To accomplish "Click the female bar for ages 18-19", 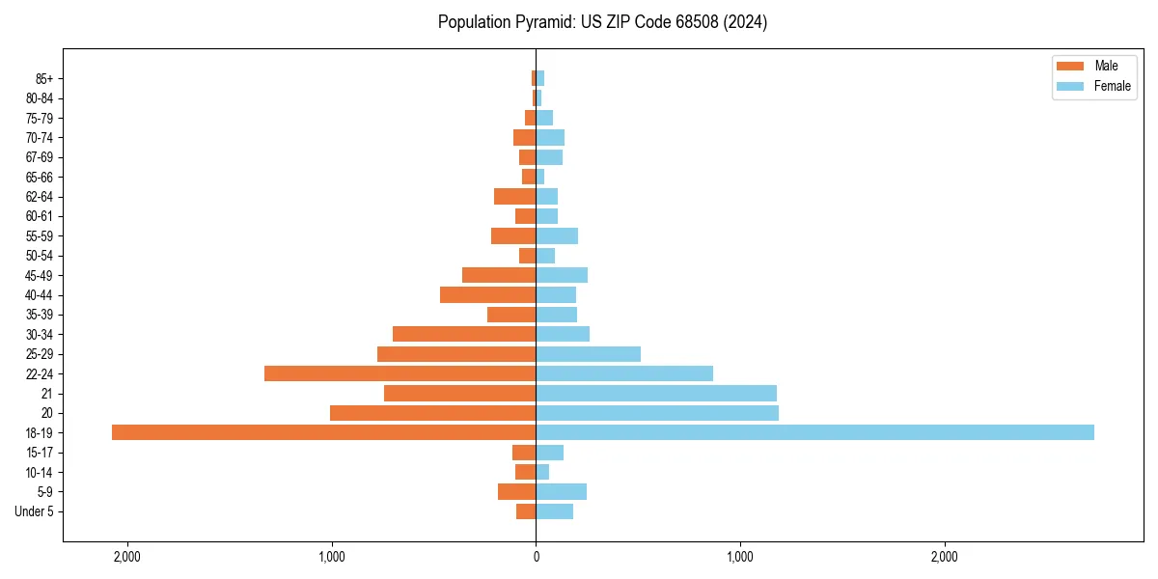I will [x=814, y=432].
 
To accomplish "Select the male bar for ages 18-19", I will [x=323, y=432].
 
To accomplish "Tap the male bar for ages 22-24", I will [x=400, y=373].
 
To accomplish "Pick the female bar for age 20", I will [x=657, y=413].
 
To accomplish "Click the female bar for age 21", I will [x=656, y=394].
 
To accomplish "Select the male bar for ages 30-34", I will [x=464, y=334].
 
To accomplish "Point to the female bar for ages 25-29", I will [x=588, y=354].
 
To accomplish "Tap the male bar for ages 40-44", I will [x=487, y=294].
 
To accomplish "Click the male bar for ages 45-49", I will [x=499, y=275].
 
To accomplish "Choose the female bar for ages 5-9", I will [x=561, y=492].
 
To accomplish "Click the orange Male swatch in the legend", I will [x=1071, y=67].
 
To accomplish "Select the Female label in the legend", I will [x=1112, y=86].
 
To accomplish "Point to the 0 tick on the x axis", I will [x=536, y=557].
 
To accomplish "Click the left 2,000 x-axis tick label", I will [x=127, y=557].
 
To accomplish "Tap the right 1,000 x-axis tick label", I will [x=740, y=557].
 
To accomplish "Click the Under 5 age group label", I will [x=35, y=511].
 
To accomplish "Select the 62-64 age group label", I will [x=40, y=197].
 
